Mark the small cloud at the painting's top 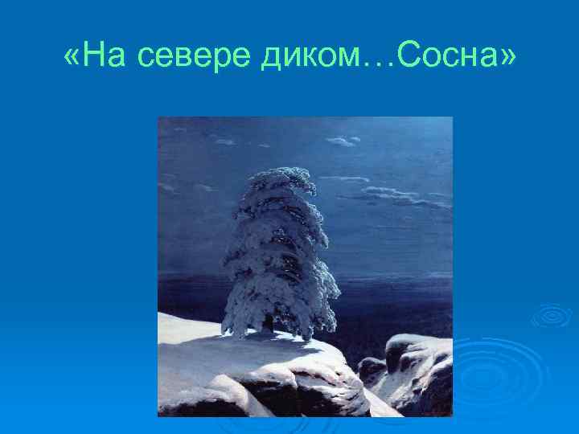[x=340, y=141]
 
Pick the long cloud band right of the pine [x=386, y=193]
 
